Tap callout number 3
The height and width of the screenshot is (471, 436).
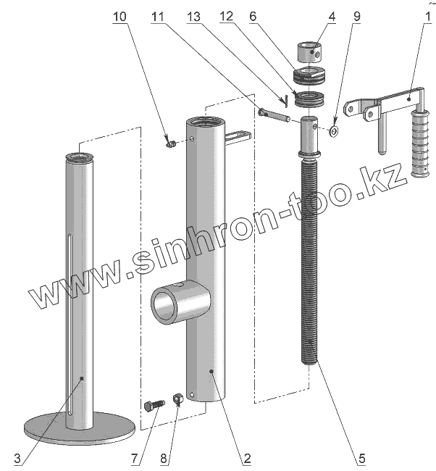point(17,458)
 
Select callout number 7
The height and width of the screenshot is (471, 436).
point(135,458)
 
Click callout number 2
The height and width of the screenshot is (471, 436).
point(246,458)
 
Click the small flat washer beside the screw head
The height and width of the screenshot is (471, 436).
point(333,131)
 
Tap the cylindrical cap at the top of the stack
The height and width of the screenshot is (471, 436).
point(311,52)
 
